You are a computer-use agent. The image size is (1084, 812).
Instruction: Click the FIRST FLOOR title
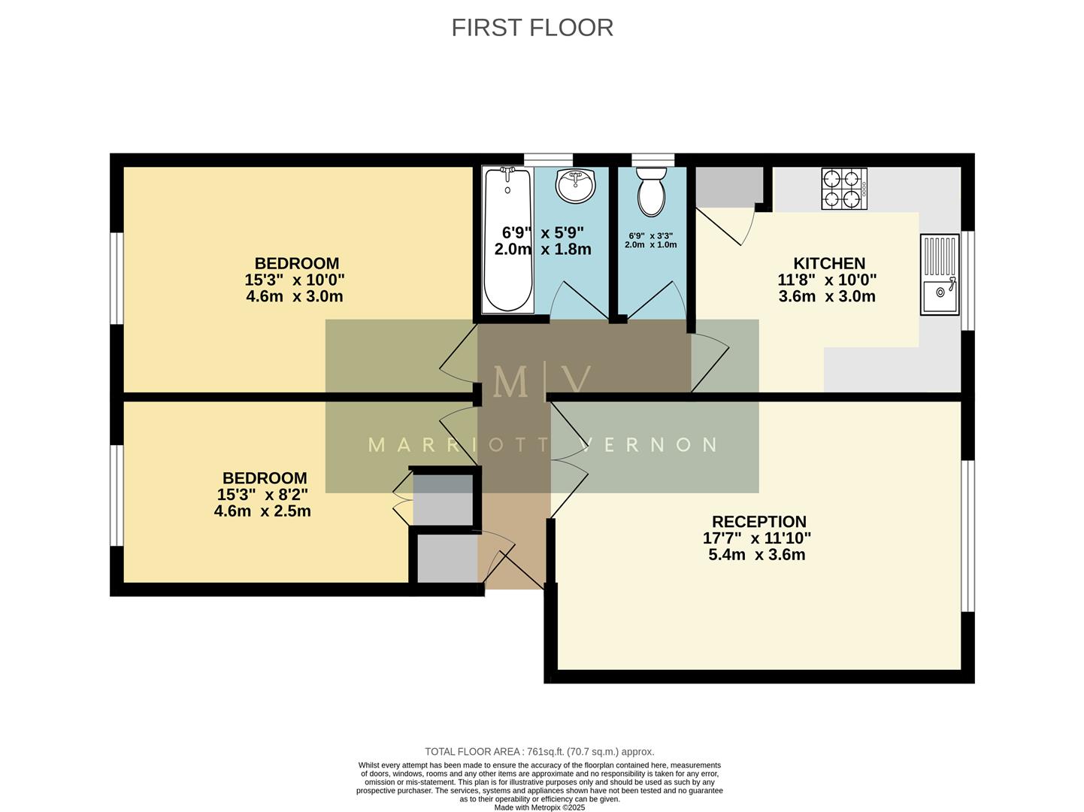532,28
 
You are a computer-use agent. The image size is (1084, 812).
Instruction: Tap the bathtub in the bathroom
508,239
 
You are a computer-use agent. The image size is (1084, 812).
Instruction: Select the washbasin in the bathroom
575,185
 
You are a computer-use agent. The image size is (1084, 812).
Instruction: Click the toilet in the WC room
651,191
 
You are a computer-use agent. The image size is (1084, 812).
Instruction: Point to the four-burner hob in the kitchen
843,189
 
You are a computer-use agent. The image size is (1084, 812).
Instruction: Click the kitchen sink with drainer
940,274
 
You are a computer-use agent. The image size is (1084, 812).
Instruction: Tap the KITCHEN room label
829,264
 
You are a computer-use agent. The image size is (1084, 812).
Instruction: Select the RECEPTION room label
758,522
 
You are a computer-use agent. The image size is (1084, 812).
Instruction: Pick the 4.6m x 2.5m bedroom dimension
262,511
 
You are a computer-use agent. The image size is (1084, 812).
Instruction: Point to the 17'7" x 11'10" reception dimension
756,538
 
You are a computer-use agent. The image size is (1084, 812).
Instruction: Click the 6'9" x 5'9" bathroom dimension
543,232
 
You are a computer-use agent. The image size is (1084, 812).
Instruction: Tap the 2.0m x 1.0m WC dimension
650,244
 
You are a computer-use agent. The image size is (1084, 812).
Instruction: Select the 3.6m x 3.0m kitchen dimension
827,296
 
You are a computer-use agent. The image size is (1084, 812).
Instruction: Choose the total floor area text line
539,751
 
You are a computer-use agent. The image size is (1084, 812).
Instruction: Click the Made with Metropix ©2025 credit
539,807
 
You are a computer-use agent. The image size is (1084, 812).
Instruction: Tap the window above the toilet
653,159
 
